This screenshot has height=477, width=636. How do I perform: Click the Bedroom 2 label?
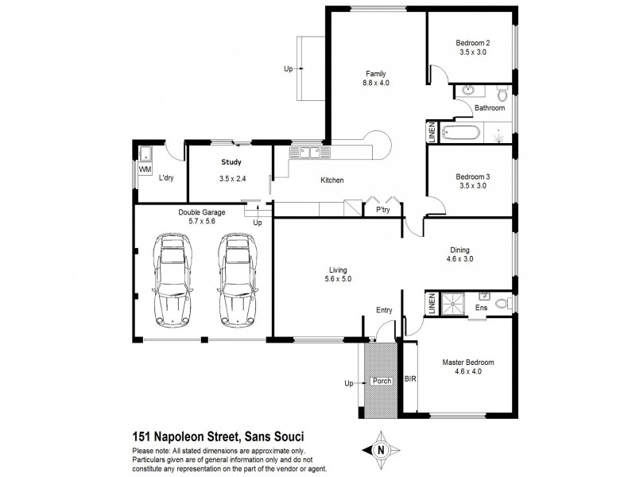tap(472, 43)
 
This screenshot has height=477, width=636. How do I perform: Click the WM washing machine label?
tap(145, 169)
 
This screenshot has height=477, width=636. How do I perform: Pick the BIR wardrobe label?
tap(410, 379)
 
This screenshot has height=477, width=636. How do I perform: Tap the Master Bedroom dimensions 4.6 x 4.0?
tap(468, 373)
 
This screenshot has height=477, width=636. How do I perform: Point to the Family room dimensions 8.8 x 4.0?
tap(376, 83)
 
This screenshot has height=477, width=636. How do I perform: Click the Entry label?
tap(384, 312)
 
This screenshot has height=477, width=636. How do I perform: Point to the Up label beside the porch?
tap(348, 383)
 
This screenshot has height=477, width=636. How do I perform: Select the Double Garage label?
tap(202, 212)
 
